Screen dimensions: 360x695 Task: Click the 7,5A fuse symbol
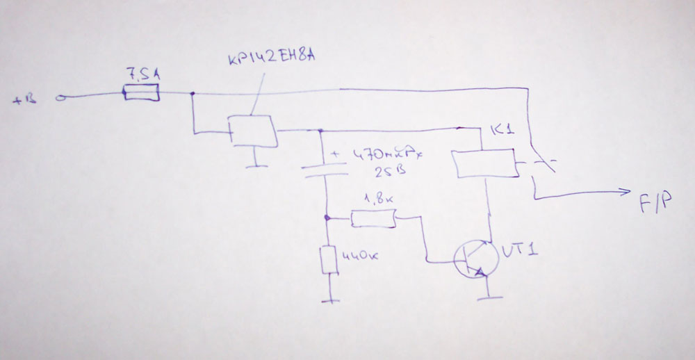pyautogui.click(x=142, y=92)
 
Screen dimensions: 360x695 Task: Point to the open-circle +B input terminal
pyautogui.click(x=60, y=98)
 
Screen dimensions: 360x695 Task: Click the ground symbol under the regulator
pyautogui.click(x=257, y=165)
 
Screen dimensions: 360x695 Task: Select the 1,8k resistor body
pyautogui.click(x=373, y=220)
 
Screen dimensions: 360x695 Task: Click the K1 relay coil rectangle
pyautogui.click(x=484, y=165)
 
